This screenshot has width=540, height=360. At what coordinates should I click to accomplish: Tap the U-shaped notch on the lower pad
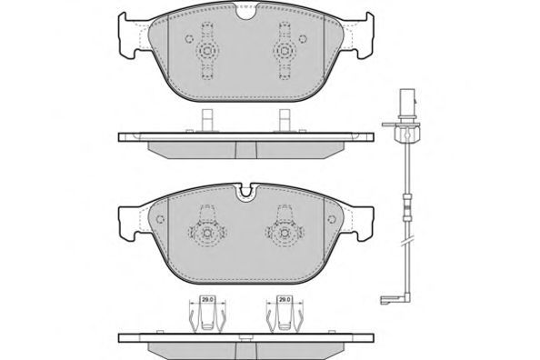(x=245, y=192)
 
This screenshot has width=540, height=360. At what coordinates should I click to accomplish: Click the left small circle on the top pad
(x=189, y=38)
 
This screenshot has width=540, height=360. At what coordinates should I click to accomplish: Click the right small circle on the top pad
(x=303, y=38)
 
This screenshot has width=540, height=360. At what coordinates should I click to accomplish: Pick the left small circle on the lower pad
(x=160, y=219)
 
